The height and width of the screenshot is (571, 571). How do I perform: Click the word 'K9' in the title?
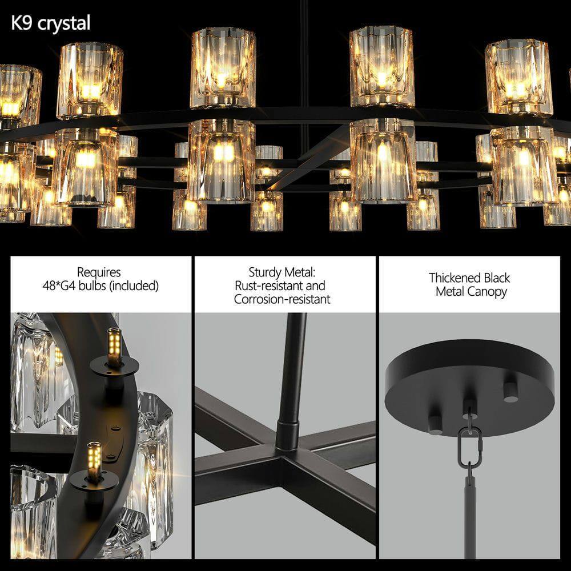tap(23, 23)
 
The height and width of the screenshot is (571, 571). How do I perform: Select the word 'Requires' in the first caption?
tap(99, 272)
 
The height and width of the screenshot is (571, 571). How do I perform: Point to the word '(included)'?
tap(127, 285)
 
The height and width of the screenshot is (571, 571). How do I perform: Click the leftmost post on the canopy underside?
tap(435, 423)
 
